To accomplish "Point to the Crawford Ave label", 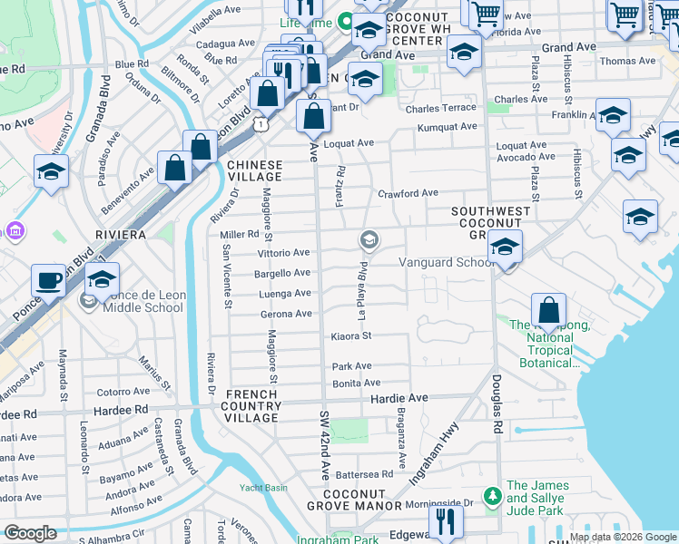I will pos(408,193).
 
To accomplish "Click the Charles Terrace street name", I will pos(441,109).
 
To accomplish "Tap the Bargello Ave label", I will pos(283,273).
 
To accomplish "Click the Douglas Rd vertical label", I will pos(497,405).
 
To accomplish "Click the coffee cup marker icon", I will pos(48,279).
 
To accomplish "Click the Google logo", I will pos(30,533).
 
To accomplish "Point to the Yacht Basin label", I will pos(263,488).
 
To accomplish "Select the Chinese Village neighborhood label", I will pos(255,171).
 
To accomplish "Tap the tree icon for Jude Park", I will pos(492,496).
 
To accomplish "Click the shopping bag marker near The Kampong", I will pos(548,310).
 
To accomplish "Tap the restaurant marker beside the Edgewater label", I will pos(446,521).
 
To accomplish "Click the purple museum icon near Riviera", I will pos(15,230).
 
